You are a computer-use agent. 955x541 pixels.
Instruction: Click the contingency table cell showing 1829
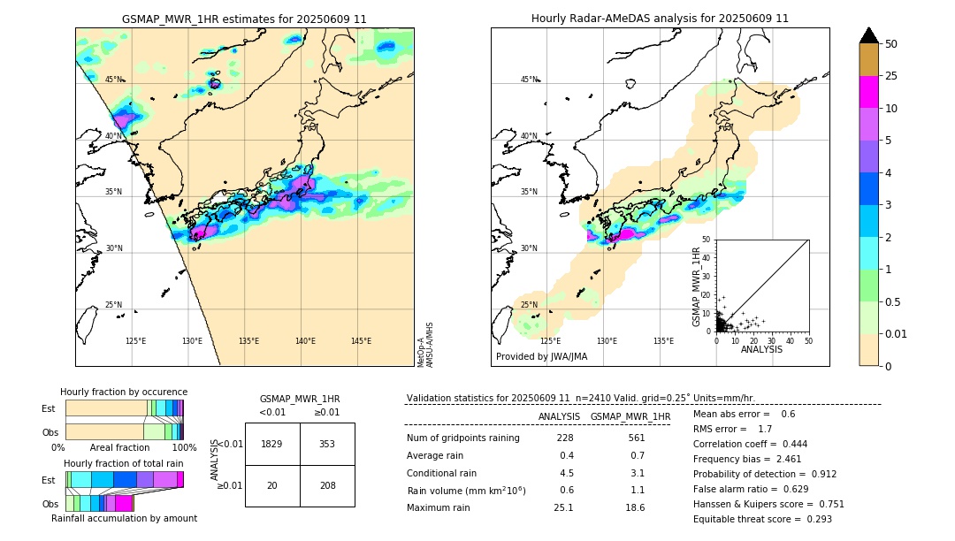pyautogui.click(x=272, y=444)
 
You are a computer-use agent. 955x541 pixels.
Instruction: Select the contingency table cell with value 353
pyautogui.click(x=327, y=444)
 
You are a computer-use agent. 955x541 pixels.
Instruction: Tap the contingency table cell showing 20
pyautogui.click(x=272, y=485)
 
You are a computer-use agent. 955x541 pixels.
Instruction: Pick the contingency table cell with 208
pyautogui.click(x=327, y=485)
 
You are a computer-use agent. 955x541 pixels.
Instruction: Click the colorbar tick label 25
pyautogui.click(x=891, y=76)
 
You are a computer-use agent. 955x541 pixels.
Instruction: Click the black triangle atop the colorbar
pyautogui.click(x=869, y=35)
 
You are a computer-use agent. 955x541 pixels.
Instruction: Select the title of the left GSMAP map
pyautogui.click(x=244, y=19)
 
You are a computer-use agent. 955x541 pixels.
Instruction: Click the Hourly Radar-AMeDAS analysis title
pyautogui.click(x=660, y=19)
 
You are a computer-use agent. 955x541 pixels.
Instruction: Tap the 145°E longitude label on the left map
pyautogui.click(x=361, y=341)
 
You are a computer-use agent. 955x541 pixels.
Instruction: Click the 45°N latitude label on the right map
pyautogui.click(x=529, y=80)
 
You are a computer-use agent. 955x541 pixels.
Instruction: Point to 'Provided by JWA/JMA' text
pyautogui.click(x=541, y=357)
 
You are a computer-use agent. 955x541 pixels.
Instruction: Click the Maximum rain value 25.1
pyautogui.click(x=563, y=507)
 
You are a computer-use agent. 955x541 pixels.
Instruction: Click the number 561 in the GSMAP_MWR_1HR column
pyautogui.click(x=636, y=438)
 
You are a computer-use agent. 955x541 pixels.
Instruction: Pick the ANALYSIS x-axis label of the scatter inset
pyautogui.click(x=761, y=349)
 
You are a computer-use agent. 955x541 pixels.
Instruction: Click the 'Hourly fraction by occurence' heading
pyautogui.click(x=124, y=392)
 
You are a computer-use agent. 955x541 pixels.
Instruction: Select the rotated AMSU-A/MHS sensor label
pyautogui.click(x=429, y=345)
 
